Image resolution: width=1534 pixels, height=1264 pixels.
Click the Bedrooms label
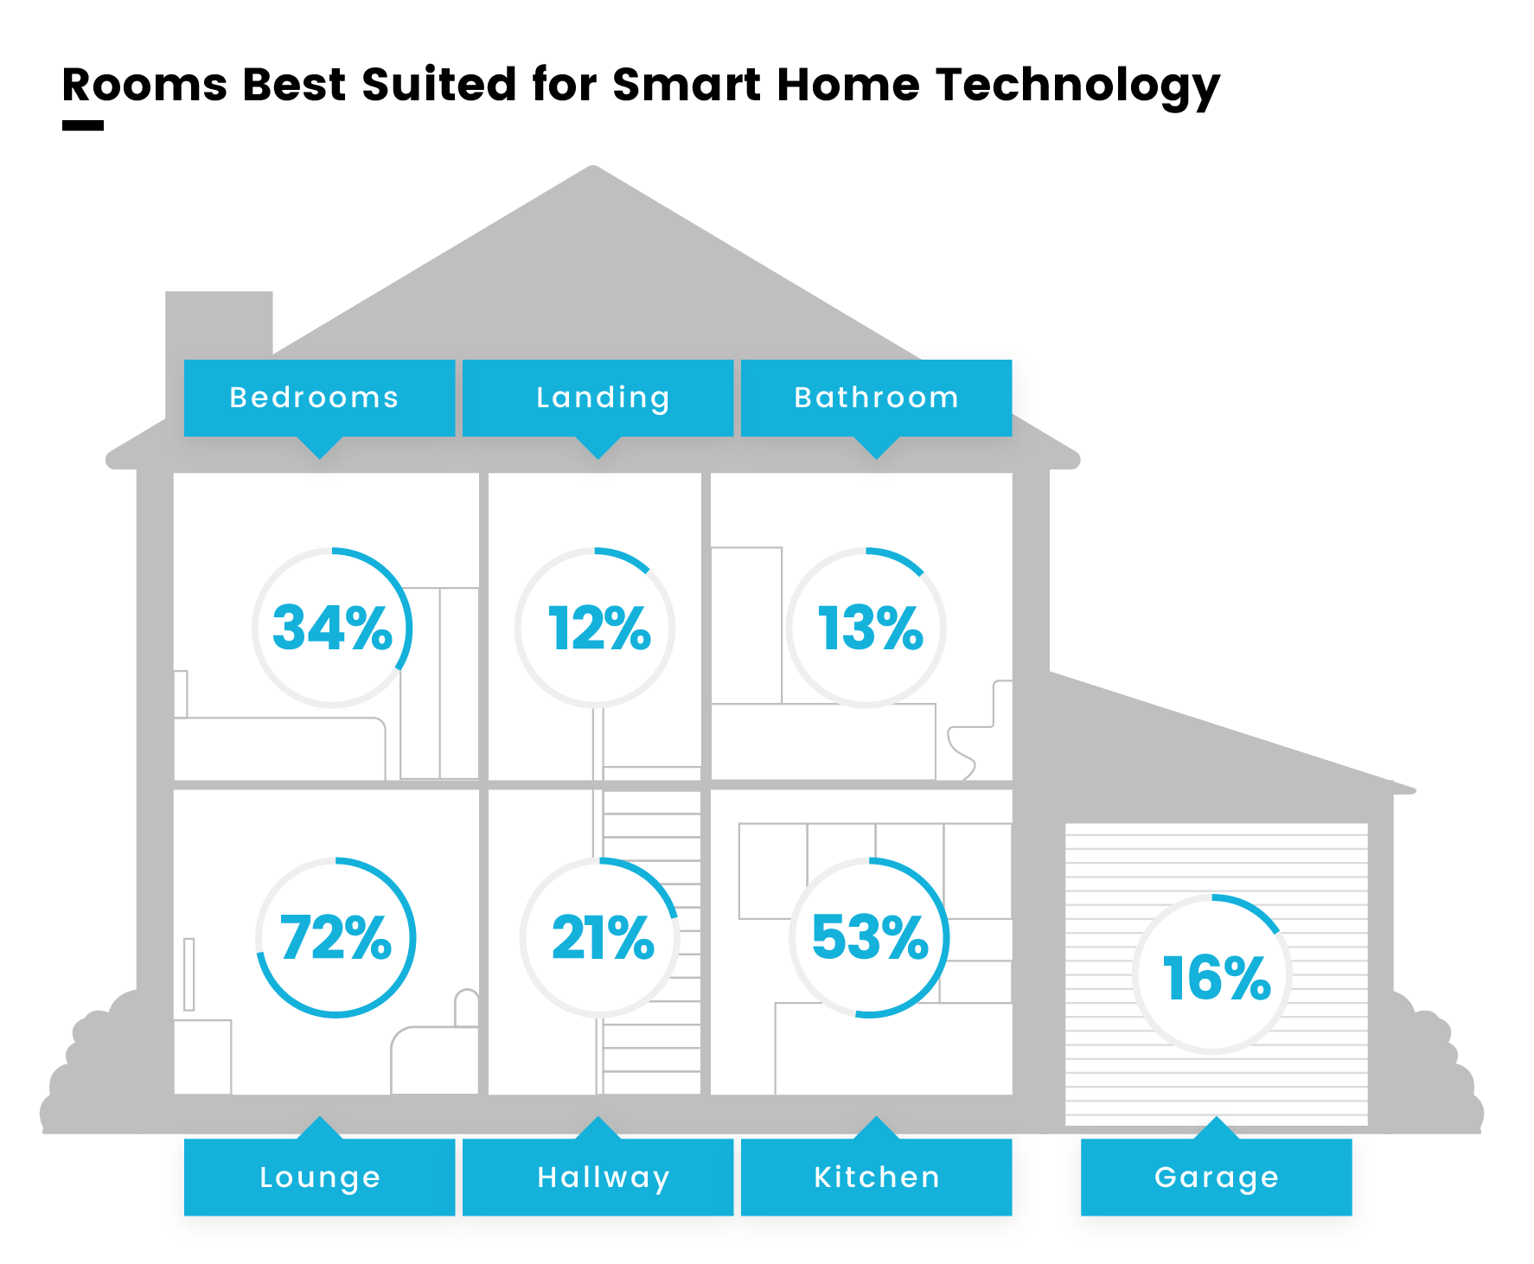tap(319, 398)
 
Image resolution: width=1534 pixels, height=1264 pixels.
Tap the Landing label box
tap(598, 398)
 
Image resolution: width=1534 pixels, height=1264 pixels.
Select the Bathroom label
tap(876, 398)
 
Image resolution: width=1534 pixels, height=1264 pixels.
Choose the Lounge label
tap(319, 1177)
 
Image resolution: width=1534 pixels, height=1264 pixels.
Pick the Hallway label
tap(598, 1177)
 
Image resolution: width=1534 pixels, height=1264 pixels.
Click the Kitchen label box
tap(876, 1177)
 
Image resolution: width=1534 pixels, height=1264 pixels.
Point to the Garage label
tap(1216, 1177)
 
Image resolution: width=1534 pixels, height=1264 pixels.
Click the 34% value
tap(333, 628)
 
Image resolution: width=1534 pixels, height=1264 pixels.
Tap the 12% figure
tap(599, 628)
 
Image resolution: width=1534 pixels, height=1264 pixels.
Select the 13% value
tap(870, 628)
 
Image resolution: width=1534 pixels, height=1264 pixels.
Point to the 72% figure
tap(336, 938)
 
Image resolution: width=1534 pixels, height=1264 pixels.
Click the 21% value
tap(603, 938)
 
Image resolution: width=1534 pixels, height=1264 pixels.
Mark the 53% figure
tap(870, 938)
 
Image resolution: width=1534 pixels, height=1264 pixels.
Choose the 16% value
tap(1217, 979)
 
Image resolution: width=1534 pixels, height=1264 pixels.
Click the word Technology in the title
tap(1077, 86)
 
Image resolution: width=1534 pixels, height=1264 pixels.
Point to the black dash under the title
tap(83, 125)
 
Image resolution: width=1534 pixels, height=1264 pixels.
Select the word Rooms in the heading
tap(144, 85)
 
